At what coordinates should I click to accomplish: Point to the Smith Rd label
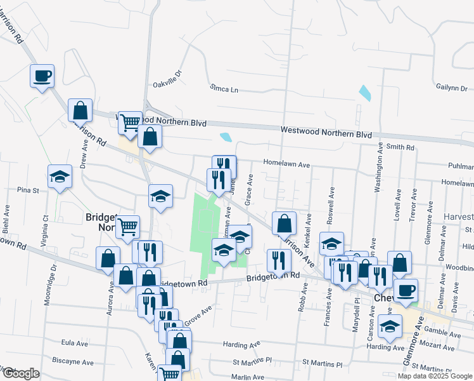(400, 147)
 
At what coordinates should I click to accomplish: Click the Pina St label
(29, 190)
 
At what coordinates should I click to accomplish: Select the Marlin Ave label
(248, 377)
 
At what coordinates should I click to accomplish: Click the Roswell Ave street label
(330, 202)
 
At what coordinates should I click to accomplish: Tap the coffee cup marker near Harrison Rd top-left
(42, 76)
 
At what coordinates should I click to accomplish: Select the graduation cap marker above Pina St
(60, 176)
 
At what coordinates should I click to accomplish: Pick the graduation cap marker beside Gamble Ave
(390, 326)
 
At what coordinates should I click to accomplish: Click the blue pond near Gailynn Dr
(365, 93)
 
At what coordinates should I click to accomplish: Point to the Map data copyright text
(434, 376)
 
